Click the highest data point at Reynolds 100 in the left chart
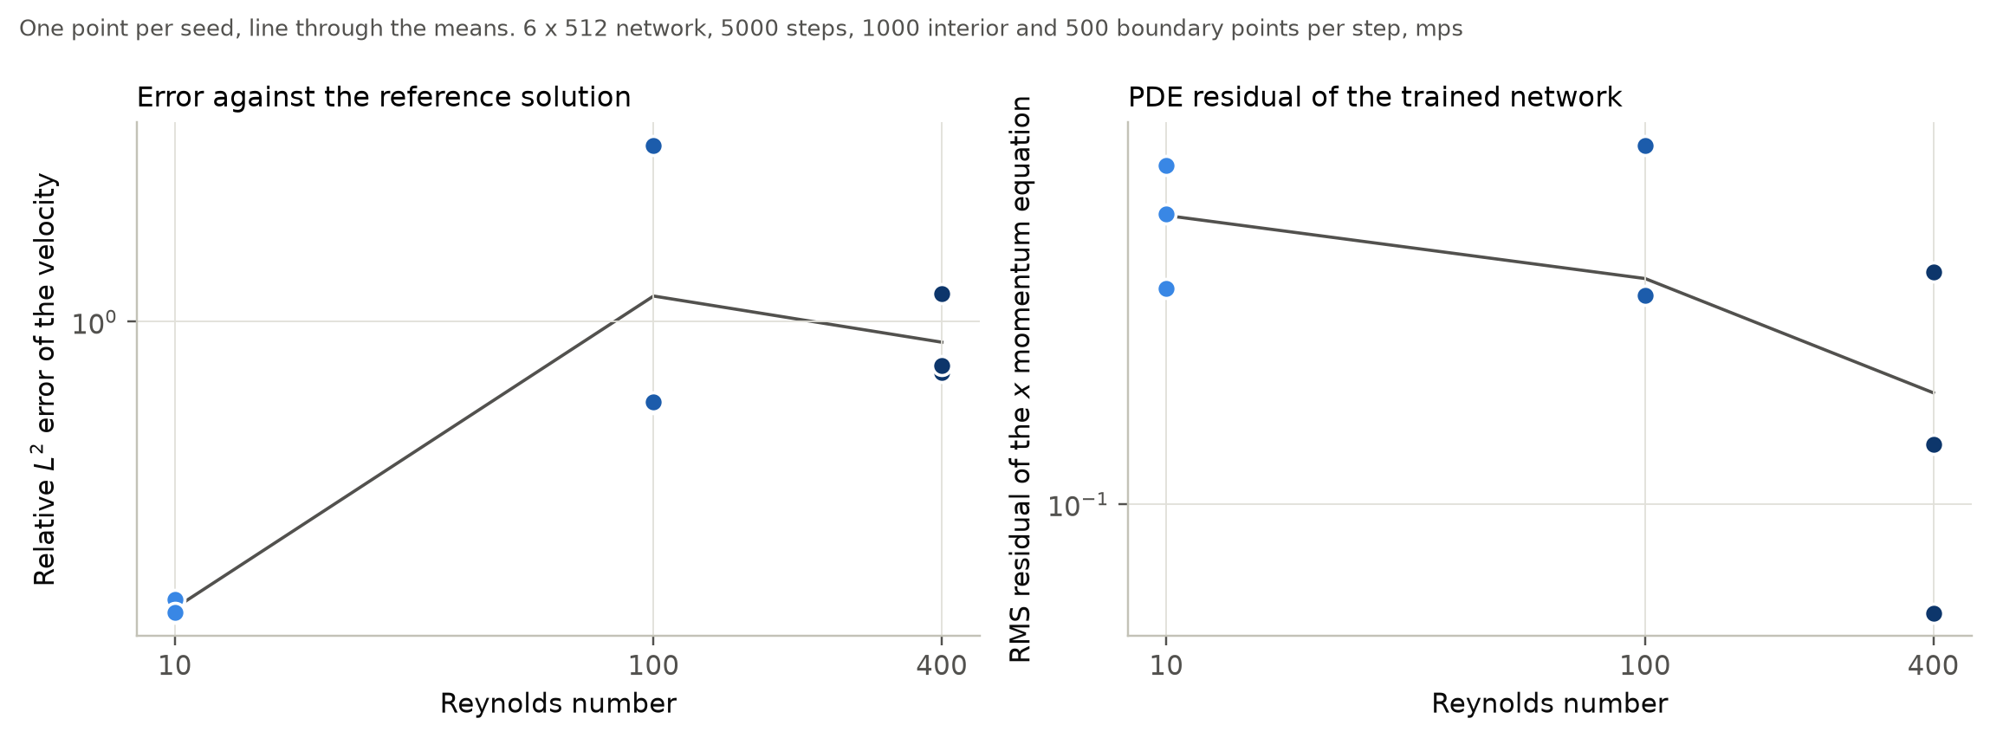[653, 146]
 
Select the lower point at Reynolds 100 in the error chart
[653, 402]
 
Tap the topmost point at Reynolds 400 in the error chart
[942, 294]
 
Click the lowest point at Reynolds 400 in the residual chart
[1933, 613]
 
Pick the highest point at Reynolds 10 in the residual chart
[1166, 165]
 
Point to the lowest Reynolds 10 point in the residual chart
[1166, 288]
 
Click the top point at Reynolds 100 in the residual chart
[1645, 146]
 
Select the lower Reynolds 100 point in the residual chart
[1645, 295]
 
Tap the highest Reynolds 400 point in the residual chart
[1933, 272]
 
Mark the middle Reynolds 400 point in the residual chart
[1933, 444]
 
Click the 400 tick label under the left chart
[942, 666]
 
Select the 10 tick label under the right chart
[1166, 666]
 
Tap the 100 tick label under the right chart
[1645, 666]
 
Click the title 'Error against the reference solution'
[384, 97]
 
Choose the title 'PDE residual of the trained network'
[1374, 97]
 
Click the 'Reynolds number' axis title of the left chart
[558, 703]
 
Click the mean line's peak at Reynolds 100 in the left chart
[653, 296]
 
